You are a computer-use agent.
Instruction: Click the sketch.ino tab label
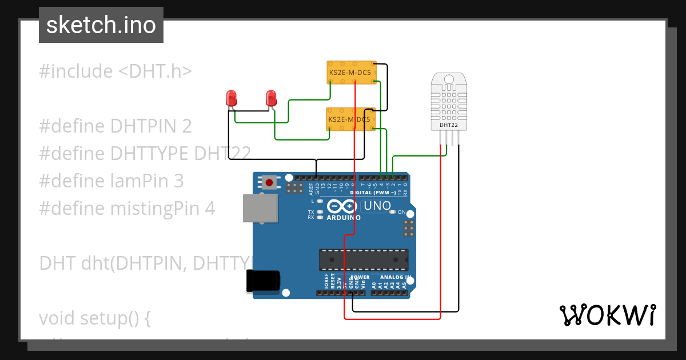pos(101,25)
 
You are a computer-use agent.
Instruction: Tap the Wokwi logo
pos(607,315)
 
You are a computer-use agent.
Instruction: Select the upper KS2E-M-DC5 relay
pos(350,73)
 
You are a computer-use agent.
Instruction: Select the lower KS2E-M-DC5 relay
pos(349,119)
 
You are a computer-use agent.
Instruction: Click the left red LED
pos(232,98)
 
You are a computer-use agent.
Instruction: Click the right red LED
pos(271,98)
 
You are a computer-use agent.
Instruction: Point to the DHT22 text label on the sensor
pos(449,125)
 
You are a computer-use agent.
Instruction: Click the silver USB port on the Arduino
pos(260,207)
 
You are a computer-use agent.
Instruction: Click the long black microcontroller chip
pos(364,259)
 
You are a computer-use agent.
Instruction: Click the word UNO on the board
pos(377,206)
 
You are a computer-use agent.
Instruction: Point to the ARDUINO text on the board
pos(343,218)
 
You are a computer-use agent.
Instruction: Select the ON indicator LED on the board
pos(392,212)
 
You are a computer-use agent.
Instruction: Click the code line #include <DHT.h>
pos(115,71)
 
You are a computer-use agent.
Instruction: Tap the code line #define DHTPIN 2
pos(115,126)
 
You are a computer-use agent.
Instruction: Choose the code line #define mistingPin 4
pos(127,209)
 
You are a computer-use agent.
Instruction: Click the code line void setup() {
pos(95,318)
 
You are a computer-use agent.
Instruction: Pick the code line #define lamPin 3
pos(111,181)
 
